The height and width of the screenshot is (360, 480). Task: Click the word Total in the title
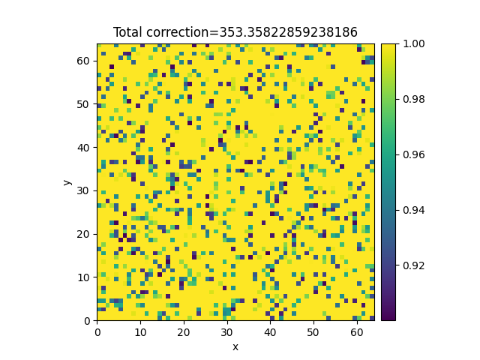click(x=128, y=32)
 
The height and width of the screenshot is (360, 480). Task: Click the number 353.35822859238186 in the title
click(x=288, y=32)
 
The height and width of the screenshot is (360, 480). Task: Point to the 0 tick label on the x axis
click(x=97, y=332)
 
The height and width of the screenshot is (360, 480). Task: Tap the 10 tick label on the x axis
click(x=140, y=332)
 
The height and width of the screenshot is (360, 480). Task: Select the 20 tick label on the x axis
click(x=184, y=332)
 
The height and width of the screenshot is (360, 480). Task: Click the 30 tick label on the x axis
click(x=226, y=332)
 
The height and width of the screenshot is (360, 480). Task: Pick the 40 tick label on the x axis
click(x=270, y=332)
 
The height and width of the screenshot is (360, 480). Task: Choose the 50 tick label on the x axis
click(x=313, y=332)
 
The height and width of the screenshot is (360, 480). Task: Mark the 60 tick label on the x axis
click(x=357, y=332)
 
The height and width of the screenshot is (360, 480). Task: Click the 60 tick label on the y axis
click(x=83, y=61)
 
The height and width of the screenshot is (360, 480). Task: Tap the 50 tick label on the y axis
click(x=83, y=104)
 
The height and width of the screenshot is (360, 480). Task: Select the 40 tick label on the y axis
click(x=83, y=148)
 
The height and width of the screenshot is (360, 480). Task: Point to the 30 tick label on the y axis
click(x=83, y=190)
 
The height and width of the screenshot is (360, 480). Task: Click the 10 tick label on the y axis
click(x=83, y=277)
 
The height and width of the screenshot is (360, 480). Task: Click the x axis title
click(x=235, y=347)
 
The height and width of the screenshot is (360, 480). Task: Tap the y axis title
click(x=67, y=182)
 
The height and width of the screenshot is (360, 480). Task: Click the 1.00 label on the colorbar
click(x=413, y=43)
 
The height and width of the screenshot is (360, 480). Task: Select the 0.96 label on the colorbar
click(x=413, y=154)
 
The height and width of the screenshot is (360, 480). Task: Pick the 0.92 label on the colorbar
click(x=413, y=265)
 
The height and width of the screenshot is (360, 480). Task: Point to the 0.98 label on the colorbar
click(x=413, y=99)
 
